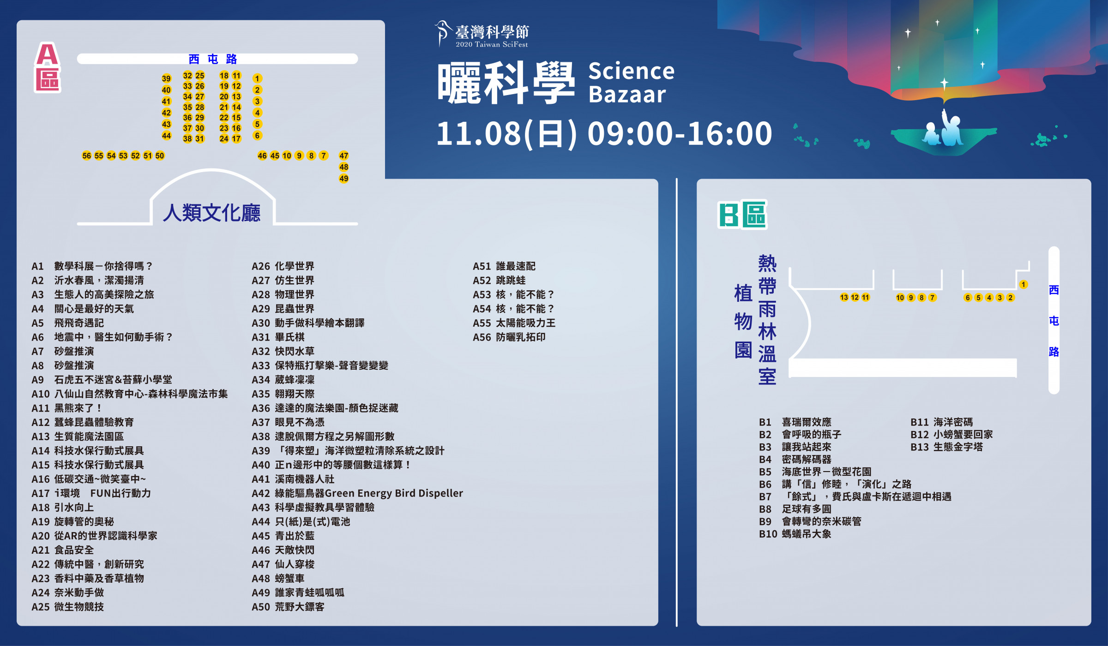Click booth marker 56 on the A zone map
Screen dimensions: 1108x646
[x=86, y=156]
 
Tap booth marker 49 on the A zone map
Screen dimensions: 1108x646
[x=343, y=179]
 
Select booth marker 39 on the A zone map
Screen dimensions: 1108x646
[x=166, y=78]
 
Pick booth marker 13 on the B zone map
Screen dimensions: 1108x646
[x=844, y=297]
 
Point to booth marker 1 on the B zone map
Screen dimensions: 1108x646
[x=1024, y=284]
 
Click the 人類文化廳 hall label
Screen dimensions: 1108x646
[x=212, y=213]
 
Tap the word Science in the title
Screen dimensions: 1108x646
[x=631, y=71]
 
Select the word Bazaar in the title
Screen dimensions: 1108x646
[x=627, y=95]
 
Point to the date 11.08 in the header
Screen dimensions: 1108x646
[x=478, y=133]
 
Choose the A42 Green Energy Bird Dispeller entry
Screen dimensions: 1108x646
[x=357, y=493]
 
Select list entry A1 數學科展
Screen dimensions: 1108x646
[x=91, y=266]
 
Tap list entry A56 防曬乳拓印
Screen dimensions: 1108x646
[x=509, y=337]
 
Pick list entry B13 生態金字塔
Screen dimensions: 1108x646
[x=946, y=447]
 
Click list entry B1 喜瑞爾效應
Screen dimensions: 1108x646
[x=795, y=422]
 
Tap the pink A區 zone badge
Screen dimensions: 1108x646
[x=48, y=67]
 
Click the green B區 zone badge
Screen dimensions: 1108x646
[x=742, y=215]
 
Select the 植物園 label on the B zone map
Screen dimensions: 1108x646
[x=743, y=321]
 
